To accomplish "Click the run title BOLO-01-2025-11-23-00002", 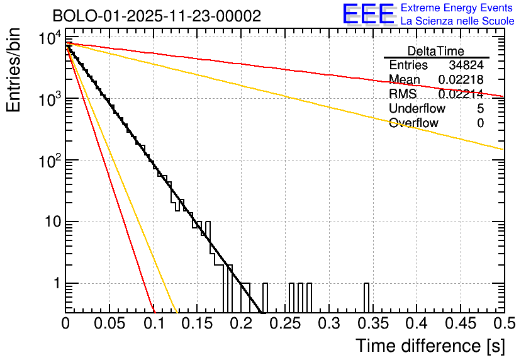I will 157,16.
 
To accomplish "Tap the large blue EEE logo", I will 369,14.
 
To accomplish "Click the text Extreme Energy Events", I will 457,8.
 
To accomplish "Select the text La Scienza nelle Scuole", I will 457,21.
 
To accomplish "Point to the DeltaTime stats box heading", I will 436,51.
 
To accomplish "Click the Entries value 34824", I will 466,65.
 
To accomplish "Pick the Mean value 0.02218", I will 461,80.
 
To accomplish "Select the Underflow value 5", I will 480,109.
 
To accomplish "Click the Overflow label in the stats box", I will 413,123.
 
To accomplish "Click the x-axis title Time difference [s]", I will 430,346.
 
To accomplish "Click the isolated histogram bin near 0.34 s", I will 366,297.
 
